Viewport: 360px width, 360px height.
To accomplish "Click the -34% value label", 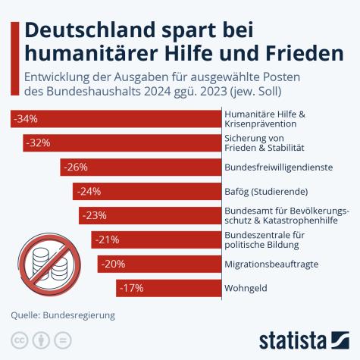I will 26,119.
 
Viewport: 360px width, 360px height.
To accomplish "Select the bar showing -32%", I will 121,142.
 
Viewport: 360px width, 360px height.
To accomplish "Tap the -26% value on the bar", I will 77,167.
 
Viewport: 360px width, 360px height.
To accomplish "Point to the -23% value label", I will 95,215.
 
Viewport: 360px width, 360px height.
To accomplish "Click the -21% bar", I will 155,239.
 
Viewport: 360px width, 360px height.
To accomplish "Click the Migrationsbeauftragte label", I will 271,264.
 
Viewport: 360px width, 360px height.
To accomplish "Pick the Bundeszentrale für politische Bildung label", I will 265,239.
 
